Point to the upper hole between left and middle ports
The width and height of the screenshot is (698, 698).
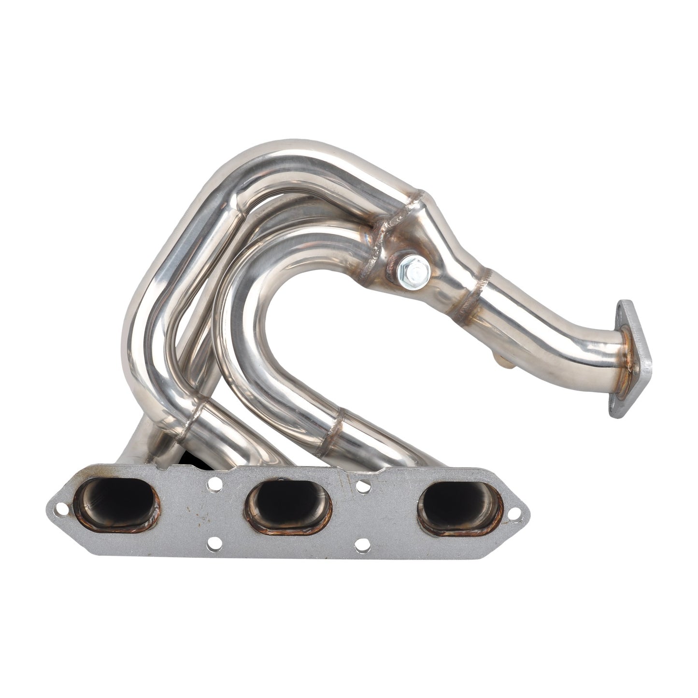214,483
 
